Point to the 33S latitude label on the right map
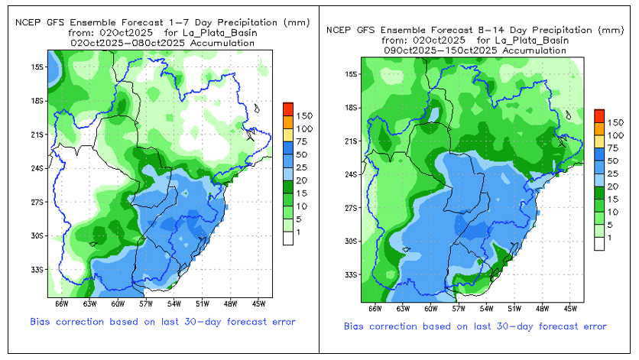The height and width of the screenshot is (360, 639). tap(351, 274)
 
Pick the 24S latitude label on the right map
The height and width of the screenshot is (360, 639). tap(351, 174)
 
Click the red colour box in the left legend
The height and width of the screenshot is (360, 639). tap(287, 107)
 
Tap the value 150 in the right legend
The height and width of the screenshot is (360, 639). tap(616, 122)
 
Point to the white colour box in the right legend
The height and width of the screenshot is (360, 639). tap(599, 243)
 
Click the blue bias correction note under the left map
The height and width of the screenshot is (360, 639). tap(163, 321)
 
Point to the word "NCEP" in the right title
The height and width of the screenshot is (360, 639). tap(338, 30)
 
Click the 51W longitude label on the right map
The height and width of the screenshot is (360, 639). tap(513, 309)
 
